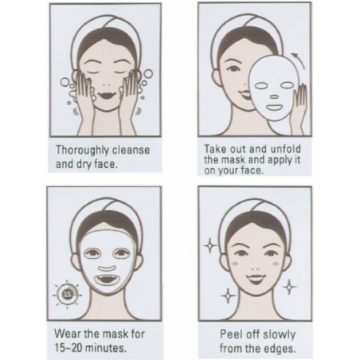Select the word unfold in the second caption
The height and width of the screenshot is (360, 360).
285,149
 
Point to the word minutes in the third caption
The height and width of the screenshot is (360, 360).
107,347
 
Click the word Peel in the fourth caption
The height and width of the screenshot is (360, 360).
229,335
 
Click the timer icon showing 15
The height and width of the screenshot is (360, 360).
67,294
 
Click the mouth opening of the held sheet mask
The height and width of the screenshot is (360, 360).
276,108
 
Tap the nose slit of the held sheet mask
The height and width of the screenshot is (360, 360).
275,97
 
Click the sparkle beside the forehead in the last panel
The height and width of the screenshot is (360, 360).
209,245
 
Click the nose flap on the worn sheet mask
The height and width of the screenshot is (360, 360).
108,268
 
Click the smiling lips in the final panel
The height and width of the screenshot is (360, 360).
255,278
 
